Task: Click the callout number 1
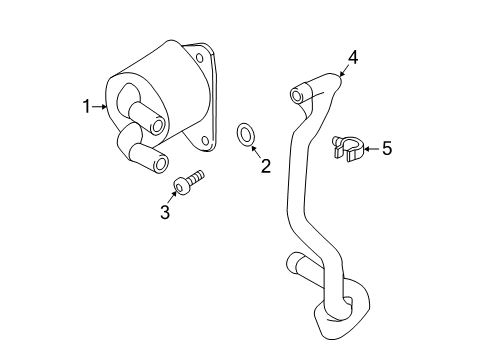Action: [x=87, y=104]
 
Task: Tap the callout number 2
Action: [x=266, y=167]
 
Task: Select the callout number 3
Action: [x=165, y=212]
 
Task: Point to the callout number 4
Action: [x=352, y=57]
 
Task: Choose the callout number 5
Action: [x=386, y=149]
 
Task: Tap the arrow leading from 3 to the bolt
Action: [x=171, y=198]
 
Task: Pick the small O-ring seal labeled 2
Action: [x=245, y=132]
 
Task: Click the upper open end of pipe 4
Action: [x=296, y=95]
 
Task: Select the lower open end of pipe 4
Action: [x=292, y=266]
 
